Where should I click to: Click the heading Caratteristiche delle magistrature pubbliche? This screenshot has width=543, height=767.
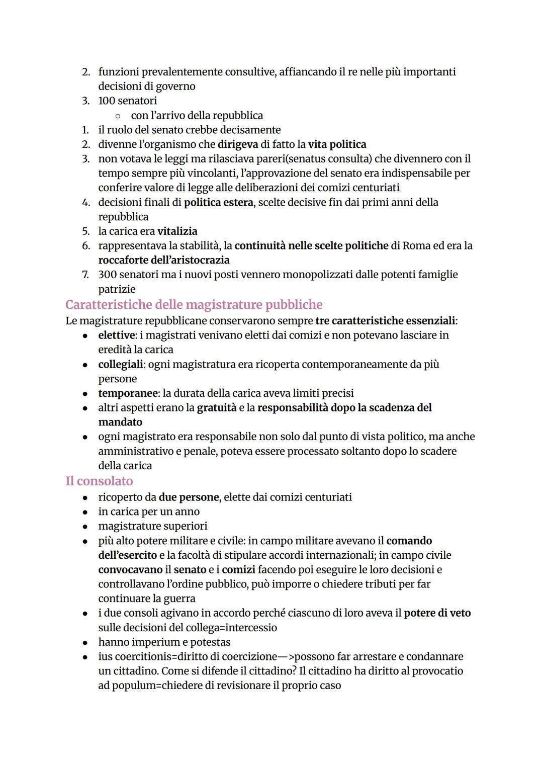tap(194, 305)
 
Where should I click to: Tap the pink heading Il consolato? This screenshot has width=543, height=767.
tap(99, 481)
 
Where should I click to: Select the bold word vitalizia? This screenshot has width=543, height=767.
tap(177, 231)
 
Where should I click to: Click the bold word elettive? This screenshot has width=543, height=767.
tap(117, 335)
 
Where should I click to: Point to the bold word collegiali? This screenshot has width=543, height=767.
tap(120, 364)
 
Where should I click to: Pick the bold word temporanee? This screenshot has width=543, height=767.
tap(128, 393)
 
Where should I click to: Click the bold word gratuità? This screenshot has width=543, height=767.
tap(216, 408)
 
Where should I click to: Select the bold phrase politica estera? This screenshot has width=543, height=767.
tap(218, 203)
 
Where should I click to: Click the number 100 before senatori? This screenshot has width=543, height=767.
tap(107, 101)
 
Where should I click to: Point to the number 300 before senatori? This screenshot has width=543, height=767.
tap(107, 275)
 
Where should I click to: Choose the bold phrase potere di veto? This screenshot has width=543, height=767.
tap(437, 613)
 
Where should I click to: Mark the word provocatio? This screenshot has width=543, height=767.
tap(437, 671)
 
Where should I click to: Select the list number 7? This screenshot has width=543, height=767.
tap(85, 275)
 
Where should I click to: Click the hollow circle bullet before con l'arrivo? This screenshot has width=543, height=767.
tap(117, 116)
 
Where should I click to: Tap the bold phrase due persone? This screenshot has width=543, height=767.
tap(189, 497)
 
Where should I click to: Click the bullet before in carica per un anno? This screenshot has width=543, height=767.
tap(86, 512)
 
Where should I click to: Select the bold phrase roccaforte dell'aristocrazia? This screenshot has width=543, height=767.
tap(163, 261)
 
